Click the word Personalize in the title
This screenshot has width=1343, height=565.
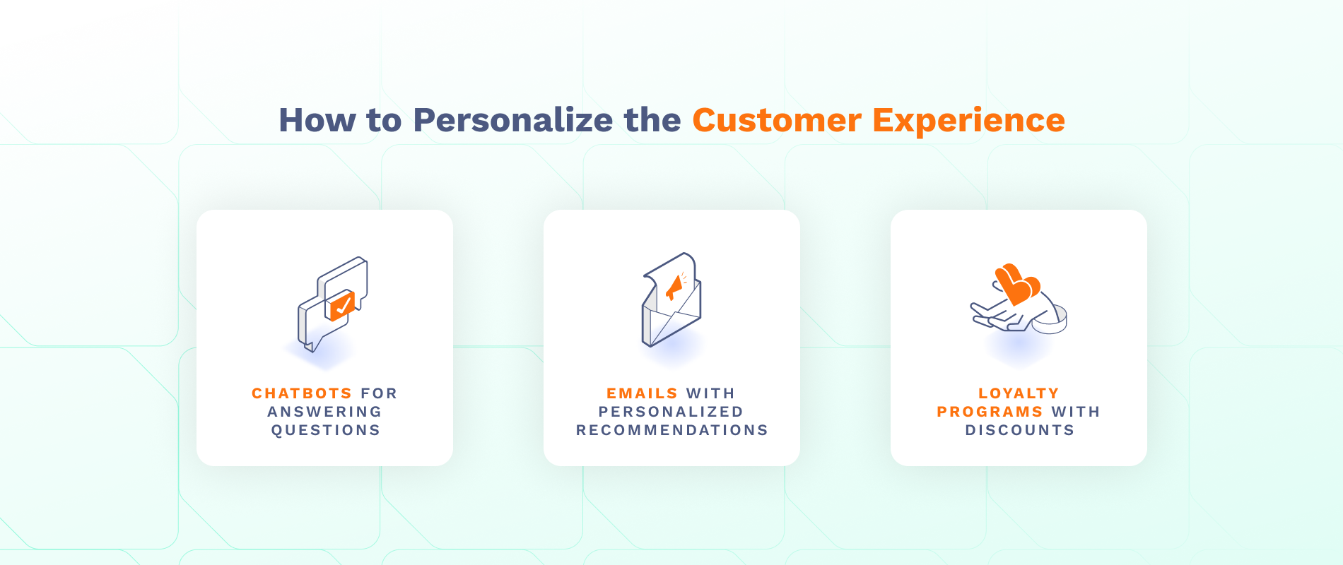coord(512,120)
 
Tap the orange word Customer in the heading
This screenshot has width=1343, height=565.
coord(777,120)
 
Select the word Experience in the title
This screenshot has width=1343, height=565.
coord(968,120)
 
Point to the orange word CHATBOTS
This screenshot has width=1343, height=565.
coord(302,393)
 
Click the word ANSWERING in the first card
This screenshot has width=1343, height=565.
coord(324,412)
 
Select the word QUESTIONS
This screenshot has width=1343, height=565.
coord(326,430)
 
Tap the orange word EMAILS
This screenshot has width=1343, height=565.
coord(642,393)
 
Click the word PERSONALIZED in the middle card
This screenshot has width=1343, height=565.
coord(671,412)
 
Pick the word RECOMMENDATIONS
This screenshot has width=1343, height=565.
coord(671,430)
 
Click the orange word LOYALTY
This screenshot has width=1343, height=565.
coord(1019,393)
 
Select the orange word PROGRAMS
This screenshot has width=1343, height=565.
coord(990,412)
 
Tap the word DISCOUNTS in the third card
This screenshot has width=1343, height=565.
coord(1019,430)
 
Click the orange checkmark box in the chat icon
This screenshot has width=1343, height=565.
coord(342,306)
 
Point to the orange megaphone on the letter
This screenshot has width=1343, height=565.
coord(674,287)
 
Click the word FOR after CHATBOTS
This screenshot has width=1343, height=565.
coord(379,393)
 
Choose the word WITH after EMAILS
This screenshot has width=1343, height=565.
coord(710,393)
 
